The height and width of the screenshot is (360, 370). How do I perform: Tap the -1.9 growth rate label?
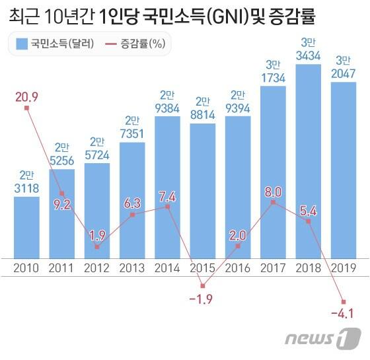(x=203, y=300)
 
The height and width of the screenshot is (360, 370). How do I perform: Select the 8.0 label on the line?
(x=273, y=192)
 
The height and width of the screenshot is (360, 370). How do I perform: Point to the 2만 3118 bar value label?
(x=26, y=183)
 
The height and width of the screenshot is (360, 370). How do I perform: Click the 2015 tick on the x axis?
(x=202, y=268)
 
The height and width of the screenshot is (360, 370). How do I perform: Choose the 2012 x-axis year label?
(x=97, y=268)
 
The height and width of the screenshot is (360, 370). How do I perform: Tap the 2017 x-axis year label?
(x=273, y=268)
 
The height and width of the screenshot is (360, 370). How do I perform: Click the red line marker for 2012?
(x=97, y=247)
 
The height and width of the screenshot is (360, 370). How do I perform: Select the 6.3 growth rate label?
(x=133, y=203)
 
